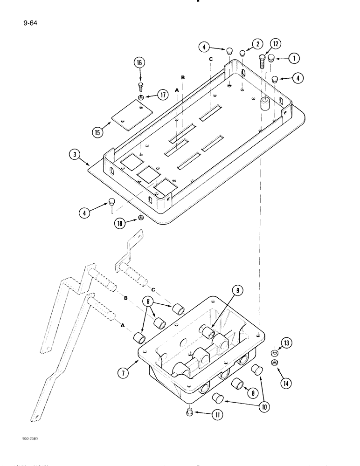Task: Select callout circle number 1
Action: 294,59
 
